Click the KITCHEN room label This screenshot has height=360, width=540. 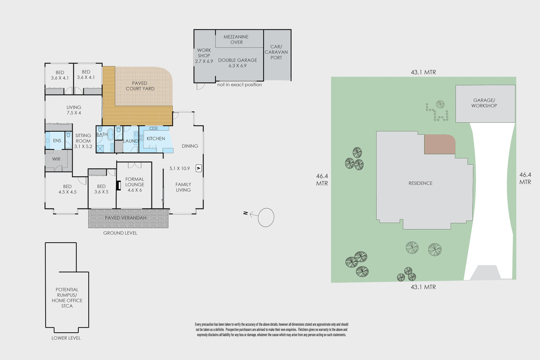point(156,139)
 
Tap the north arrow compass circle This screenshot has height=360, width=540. point(266,217)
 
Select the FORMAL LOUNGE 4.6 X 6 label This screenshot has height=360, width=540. point(135,185)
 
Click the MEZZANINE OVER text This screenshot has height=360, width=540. point(236,39)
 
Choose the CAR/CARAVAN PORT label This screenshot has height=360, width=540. point(276,52)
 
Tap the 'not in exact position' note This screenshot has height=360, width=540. point(239,85)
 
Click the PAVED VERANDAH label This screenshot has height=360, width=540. point(126,218)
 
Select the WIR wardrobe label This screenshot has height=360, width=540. point(56,159)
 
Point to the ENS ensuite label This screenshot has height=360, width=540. point(57,141)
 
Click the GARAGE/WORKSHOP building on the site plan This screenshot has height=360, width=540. point(485,103)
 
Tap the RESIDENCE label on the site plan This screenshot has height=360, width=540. point(421,183)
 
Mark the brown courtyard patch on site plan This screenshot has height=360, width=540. point(439,144)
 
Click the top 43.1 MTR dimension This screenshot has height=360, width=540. point(423,72)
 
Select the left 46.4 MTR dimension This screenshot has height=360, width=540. point(322,179)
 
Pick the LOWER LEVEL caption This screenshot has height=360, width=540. point(66,338)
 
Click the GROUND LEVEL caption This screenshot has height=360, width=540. point(120,233)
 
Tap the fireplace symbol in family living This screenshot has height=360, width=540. point(199,168)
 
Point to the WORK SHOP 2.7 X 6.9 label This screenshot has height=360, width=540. point(204,56)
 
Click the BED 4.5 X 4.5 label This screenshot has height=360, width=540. point(67,189)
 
